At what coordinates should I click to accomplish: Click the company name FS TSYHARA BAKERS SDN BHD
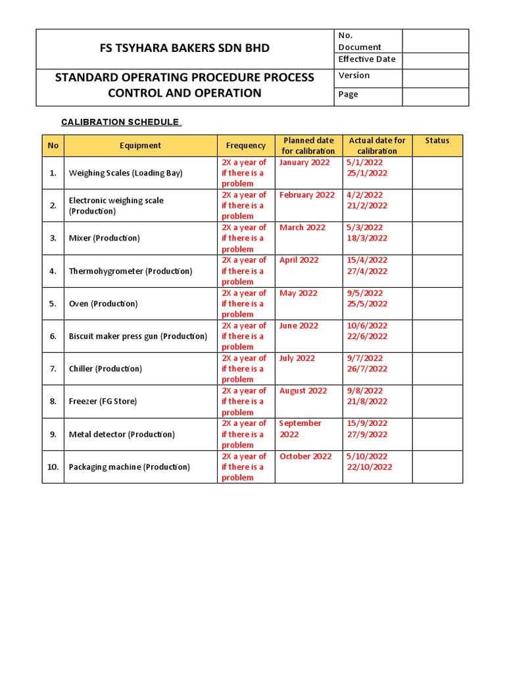click(184, 48)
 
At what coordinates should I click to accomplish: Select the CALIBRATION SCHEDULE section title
click(120, 122)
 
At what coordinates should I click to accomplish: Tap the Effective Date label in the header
click(367, 59)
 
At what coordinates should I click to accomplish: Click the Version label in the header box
click(354, 76)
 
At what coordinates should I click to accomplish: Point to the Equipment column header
click(140, 145)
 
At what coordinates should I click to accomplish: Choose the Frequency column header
click(246, 145)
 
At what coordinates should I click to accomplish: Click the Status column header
click(437, 141)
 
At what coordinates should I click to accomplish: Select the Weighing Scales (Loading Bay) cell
click(126, 173)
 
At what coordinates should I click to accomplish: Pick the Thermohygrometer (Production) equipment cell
click(130, 271)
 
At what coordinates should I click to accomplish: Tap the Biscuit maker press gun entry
click(137, 336)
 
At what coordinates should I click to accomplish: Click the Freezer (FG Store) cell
click(103, 401)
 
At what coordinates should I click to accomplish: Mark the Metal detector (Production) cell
click(122, 434)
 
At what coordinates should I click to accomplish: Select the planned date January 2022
click(304, 162)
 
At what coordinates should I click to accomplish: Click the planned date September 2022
click(301, 429)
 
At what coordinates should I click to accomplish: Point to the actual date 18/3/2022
click(367, 238)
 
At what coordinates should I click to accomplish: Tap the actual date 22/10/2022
click(369, 467)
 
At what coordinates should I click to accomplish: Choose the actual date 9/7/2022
click(364, 358)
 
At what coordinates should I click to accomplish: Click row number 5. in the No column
click(53, 304)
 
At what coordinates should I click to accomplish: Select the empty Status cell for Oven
click(437, 304)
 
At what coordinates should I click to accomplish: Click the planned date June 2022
click(299, 325)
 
